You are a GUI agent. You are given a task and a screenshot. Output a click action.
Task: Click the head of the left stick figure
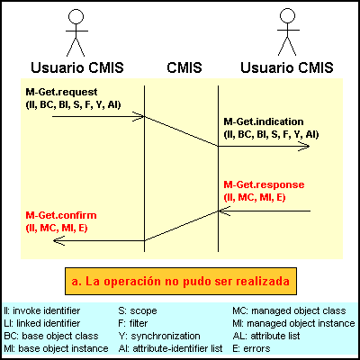[x=76, y=16]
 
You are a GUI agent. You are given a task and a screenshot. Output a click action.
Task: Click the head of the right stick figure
[x=287, y=15]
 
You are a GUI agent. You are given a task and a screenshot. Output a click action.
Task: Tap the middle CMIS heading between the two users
[x=184, y=67]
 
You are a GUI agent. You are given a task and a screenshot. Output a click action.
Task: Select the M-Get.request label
[x=61, y=92]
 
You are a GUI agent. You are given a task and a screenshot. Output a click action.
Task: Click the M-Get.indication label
[x=264, y=121]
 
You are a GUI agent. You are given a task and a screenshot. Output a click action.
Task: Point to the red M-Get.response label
[x=264, y=184]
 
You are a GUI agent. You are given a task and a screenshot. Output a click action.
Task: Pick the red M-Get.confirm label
[x=61, y=215]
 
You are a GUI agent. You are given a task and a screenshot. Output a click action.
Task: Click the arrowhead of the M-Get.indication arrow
[x=305, y=146]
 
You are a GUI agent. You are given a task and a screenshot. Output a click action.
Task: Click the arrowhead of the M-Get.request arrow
[x=140, y=116]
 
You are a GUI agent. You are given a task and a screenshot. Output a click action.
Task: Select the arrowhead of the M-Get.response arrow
[x=222, y=211]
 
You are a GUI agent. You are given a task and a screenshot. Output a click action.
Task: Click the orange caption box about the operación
[x=181, y=281]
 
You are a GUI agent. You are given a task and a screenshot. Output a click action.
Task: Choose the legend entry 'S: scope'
[x=138, y=310]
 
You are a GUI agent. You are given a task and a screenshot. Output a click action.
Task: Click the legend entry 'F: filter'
[x=133, y=323]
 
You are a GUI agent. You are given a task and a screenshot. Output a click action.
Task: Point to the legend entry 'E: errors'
[x=251, y=348]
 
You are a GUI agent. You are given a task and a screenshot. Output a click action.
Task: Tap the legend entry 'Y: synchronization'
[x=159, y=336]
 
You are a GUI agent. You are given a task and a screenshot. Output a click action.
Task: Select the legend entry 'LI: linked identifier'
[x=42, y=323]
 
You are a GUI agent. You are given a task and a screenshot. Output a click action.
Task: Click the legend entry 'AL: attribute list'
[x=266, y=336]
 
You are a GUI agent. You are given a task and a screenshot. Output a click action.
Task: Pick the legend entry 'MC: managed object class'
[x=289, y=310]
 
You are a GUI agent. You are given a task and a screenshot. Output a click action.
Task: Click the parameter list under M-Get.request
[x=73, y=104]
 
